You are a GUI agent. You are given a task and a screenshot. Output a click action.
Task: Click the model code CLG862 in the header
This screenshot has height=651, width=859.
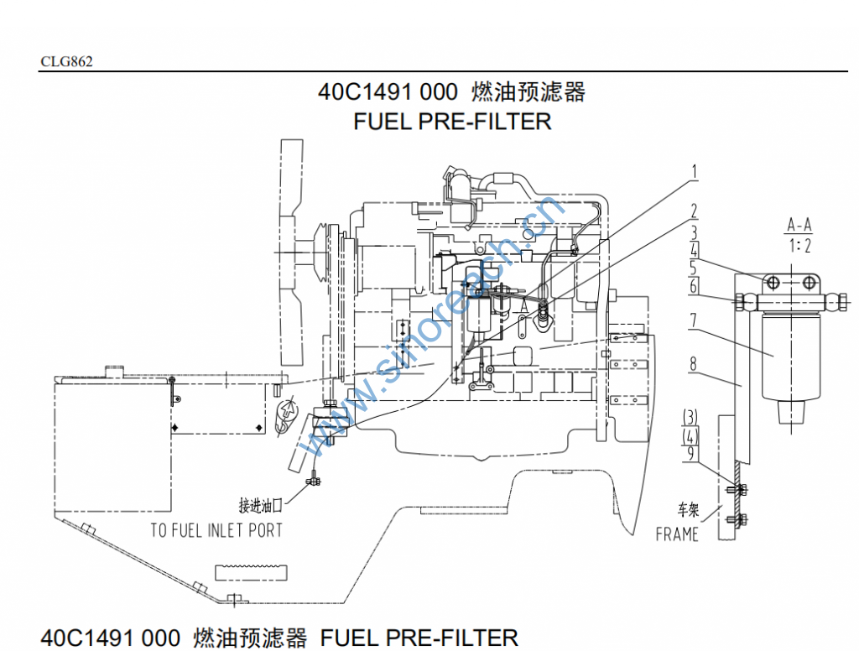tap(66, 61)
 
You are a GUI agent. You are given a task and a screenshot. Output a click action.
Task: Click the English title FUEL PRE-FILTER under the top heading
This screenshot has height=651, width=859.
tap(452, 121)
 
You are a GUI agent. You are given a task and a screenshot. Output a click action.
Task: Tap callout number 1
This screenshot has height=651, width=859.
tap(694, 172)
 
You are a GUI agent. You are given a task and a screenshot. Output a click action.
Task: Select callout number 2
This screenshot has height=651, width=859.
tap(694, 210)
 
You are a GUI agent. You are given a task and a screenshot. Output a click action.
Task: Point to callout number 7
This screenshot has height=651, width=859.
tap(694, 320)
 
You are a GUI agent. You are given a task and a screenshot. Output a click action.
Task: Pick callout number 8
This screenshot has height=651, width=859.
tap(694, 364)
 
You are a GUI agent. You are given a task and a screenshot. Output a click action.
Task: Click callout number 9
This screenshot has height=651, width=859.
tap(690, 454)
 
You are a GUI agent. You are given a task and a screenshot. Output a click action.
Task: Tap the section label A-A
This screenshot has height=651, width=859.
tap(799, 225)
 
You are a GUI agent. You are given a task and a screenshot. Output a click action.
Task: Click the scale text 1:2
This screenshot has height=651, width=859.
tap(799, 246)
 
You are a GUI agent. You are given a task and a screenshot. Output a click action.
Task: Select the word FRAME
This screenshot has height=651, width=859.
tap(676, 534)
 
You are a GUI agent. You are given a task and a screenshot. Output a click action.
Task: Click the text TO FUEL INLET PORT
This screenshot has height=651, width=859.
tap(216, 530)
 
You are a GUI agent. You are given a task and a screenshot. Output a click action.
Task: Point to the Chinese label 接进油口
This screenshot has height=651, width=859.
tap(264, 505)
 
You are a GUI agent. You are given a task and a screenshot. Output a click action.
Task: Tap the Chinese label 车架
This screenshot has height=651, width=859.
tap(688, 509)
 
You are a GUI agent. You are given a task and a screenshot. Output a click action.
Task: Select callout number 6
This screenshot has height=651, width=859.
tap(694, 286)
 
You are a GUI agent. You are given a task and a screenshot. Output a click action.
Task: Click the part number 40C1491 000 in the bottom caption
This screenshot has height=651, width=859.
tap(110, 638)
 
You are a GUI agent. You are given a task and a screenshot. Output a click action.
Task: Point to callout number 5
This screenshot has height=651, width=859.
tap(694, 268)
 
